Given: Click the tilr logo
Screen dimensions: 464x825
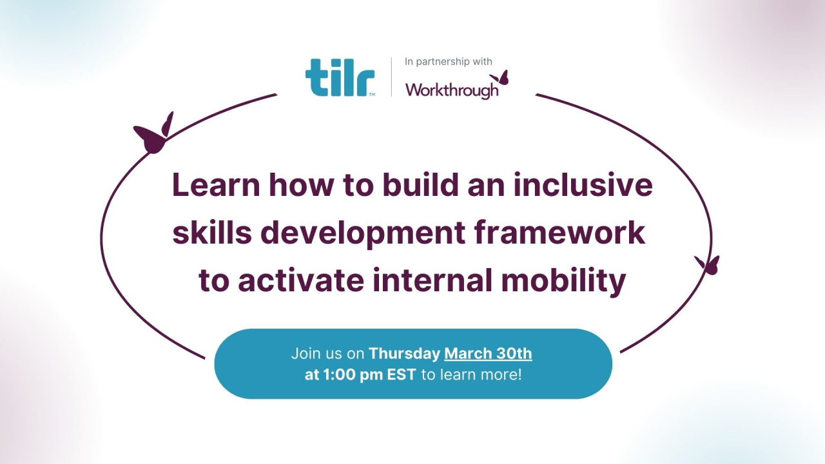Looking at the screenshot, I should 339,79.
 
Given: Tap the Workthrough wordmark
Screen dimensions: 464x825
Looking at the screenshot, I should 452,90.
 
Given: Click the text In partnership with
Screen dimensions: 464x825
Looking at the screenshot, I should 448,62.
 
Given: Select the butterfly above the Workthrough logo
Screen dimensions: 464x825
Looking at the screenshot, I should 500,77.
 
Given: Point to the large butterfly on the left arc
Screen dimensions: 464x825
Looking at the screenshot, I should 153,135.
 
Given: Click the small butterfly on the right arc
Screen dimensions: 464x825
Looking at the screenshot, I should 708,264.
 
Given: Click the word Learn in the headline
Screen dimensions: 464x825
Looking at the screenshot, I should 216,185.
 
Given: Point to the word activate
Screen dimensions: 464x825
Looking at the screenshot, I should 303,281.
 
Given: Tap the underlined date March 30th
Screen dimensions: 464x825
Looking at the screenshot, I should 488,353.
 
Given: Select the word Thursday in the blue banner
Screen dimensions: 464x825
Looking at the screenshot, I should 404,353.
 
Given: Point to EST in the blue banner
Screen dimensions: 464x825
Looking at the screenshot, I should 401,374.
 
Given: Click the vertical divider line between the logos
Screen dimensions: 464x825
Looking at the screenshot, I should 391,77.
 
